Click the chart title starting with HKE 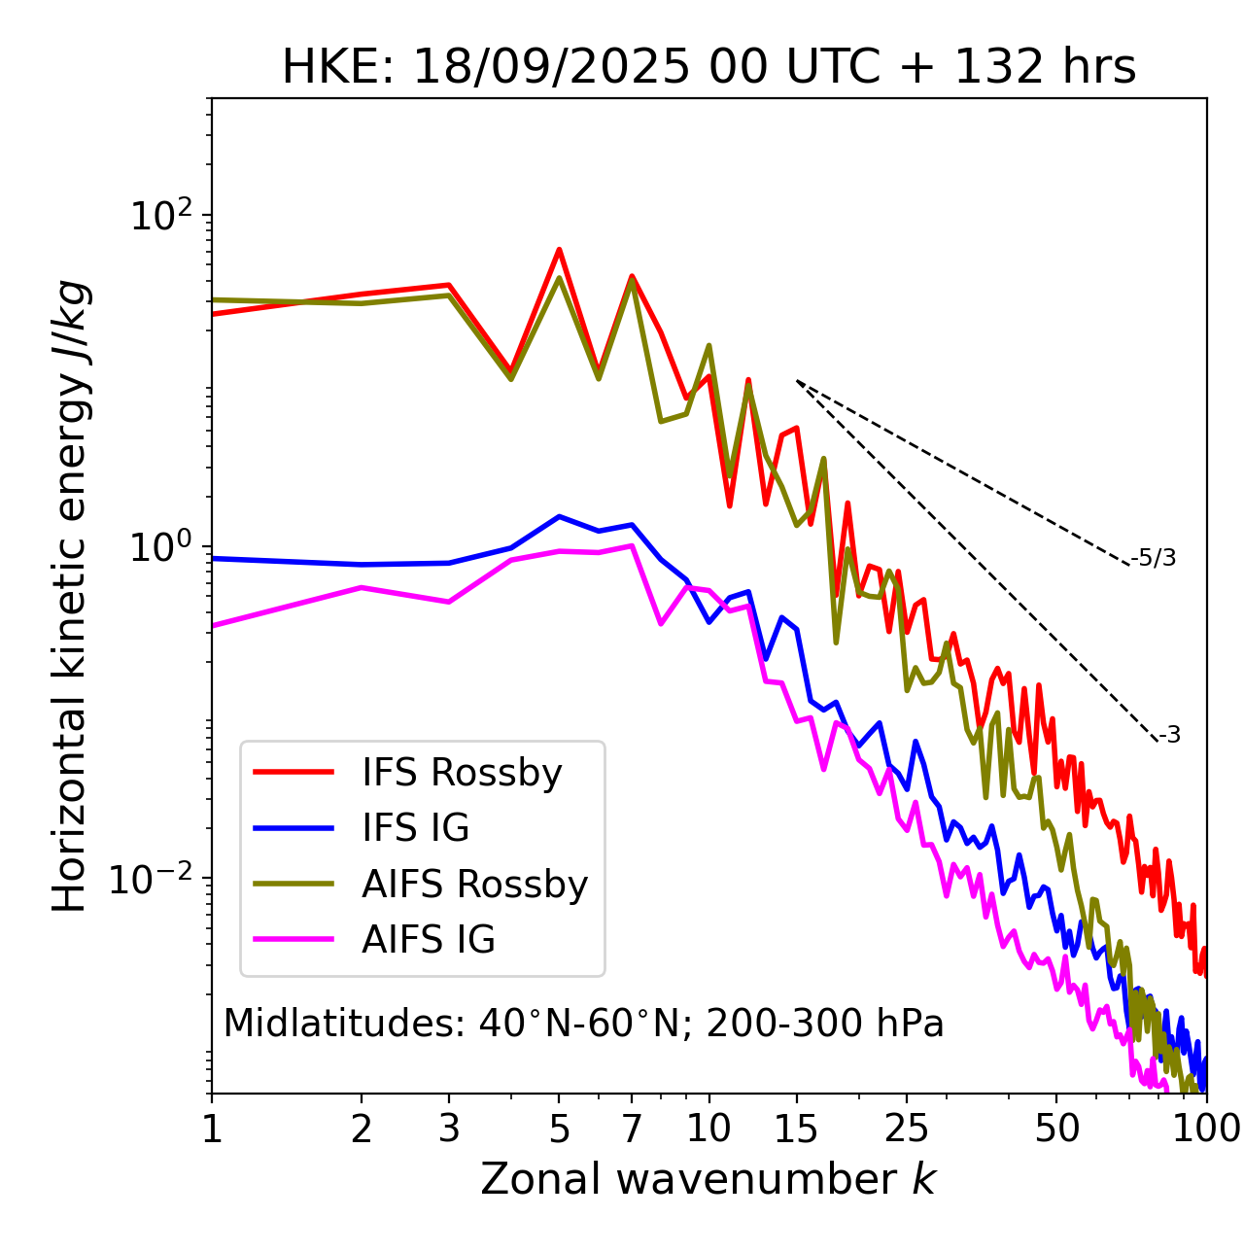(708, 68)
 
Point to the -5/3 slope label (1154, 558)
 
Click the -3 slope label (1169, 735)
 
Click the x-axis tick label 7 (632, 1128)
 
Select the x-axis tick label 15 (796, 1128)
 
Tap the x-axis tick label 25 (907, 1128)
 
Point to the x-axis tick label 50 (1056, 1128)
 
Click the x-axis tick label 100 (1205, 1128)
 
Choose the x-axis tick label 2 (362, 1128)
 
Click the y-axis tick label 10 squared (164, 216)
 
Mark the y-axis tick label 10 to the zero (164, 547)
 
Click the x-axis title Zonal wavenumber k (708, 1179)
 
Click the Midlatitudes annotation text (583, 1024)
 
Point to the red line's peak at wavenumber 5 (559, 250)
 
